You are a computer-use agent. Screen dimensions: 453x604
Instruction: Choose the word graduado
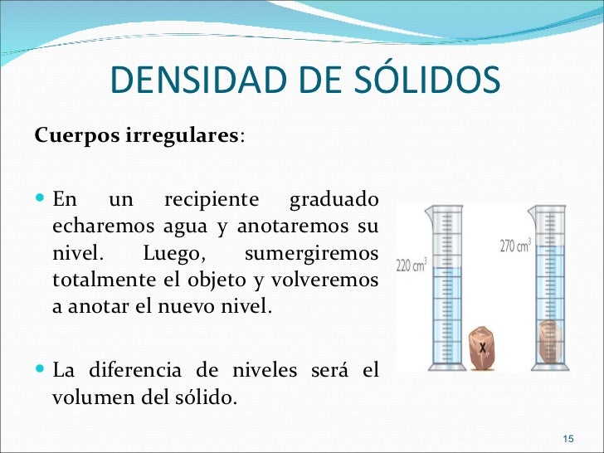pyautogui.click(x=334, y=200)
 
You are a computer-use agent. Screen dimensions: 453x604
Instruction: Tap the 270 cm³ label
pyautogui.click(x=516, y=246)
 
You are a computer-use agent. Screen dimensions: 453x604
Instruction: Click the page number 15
pyautogui.click(x=568, y=438)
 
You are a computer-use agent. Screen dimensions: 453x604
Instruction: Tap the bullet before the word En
pyautogui.click(x=41, y=201)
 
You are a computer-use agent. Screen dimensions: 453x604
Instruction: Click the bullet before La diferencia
pyautogui.click(x=41, y=371)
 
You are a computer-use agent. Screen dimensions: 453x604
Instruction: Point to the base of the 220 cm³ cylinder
pyautogui.click(x=448, y=367)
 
